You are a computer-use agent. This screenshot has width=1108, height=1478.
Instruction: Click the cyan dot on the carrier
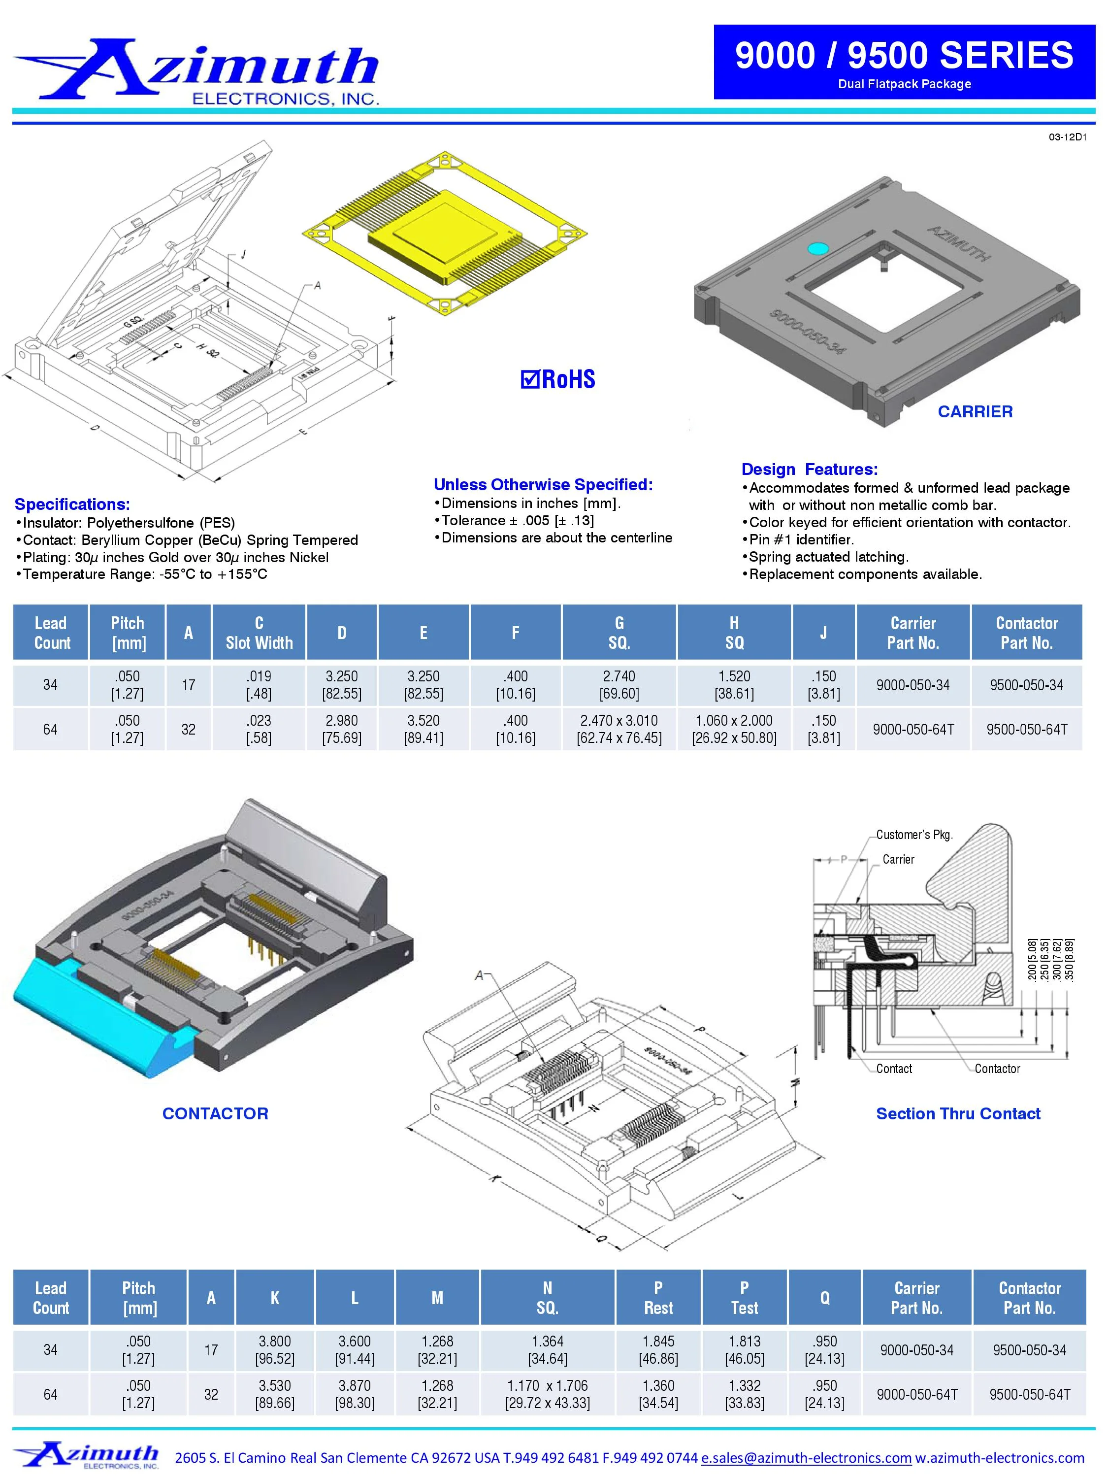point(817,249)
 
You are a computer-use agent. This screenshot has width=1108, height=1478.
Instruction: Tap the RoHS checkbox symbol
point(529,379)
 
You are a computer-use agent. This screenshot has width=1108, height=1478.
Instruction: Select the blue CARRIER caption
point(975,411)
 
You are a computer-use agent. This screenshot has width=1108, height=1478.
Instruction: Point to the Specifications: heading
point(72,504)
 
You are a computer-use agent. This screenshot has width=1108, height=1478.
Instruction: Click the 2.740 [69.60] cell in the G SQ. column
point(619,685)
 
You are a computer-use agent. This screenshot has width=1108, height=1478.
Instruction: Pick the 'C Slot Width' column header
point(259,633)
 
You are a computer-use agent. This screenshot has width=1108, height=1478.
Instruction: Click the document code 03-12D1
point(1067,137)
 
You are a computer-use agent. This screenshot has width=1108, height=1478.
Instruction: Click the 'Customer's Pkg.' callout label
point(913,835)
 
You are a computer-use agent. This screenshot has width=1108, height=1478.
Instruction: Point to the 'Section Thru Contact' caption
point(958,1113)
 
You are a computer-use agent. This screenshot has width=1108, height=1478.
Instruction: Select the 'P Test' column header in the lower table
point(744,1298)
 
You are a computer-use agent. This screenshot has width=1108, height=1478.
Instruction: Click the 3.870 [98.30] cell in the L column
point(354,1394)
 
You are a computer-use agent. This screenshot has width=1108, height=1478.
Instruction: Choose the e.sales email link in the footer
point(806,1457)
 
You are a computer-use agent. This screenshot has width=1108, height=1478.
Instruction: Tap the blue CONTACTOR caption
point(215,1113)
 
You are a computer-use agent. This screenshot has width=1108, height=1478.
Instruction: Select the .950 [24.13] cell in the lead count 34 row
point(824,1350)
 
